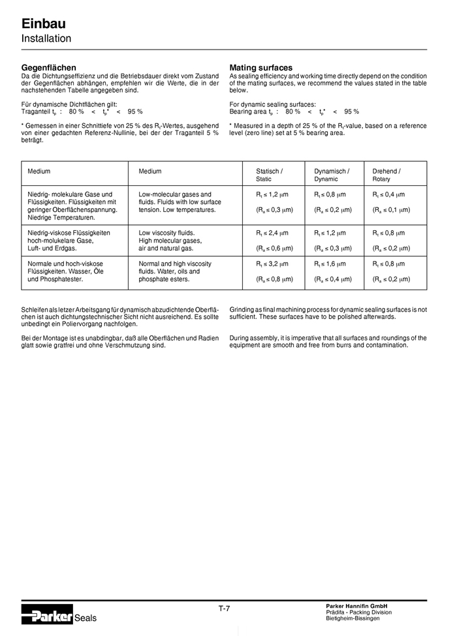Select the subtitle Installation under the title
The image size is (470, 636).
46,38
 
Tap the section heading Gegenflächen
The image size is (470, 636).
49,67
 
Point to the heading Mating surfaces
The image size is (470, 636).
261,67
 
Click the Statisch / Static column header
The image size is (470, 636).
269,175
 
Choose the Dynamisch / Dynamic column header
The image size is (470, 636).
332,175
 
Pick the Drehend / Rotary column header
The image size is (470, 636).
386,175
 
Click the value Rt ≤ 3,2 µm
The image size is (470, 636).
272,264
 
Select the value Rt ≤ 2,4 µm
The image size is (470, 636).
272,232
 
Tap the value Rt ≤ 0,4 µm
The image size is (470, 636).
389,194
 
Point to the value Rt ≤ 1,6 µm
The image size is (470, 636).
331,264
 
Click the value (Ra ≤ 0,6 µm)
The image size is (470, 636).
274,248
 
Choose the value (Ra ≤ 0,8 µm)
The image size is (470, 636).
274,279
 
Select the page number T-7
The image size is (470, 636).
224,609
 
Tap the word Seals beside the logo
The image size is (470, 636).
86,618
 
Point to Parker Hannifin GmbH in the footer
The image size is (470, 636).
356,606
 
